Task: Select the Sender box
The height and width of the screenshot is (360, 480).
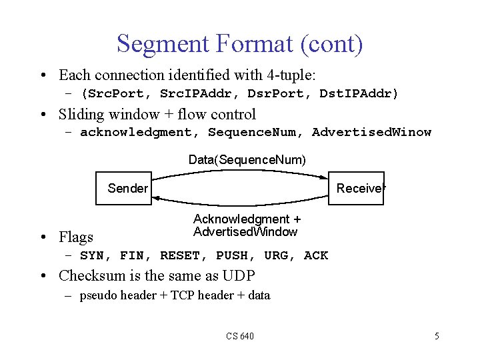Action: pyautogui.click(x=127, y=188)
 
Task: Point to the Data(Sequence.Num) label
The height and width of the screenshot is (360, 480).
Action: pyautogui.click(x=247, y=160)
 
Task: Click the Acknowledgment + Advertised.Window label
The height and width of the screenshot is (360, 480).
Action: pyautogui.click(x=246, y=225)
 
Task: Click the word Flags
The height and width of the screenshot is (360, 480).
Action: pyautogui.click(x=76, y=237)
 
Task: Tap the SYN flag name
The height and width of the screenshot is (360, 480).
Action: pyautogui.click(x=95, y=255)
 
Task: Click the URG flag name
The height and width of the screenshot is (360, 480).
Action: pyautogui.click(x=275, y=255)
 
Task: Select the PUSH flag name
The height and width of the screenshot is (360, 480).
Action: pyautogui.click(x=231, y=255)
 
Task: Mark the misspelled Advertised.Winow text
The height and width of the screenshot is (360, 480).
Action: pyautogui.click(x=371, y=132)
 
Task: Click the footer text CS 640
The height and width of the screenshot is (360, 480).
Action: pyautogui.click(x=239, y=336)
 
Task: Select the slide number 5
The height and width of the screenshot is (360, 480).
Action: pyautogui.click(x=437, y=336)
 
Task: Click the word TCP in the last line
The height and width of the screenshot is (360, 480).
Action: pyautogui.click(x=182, y=295)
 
